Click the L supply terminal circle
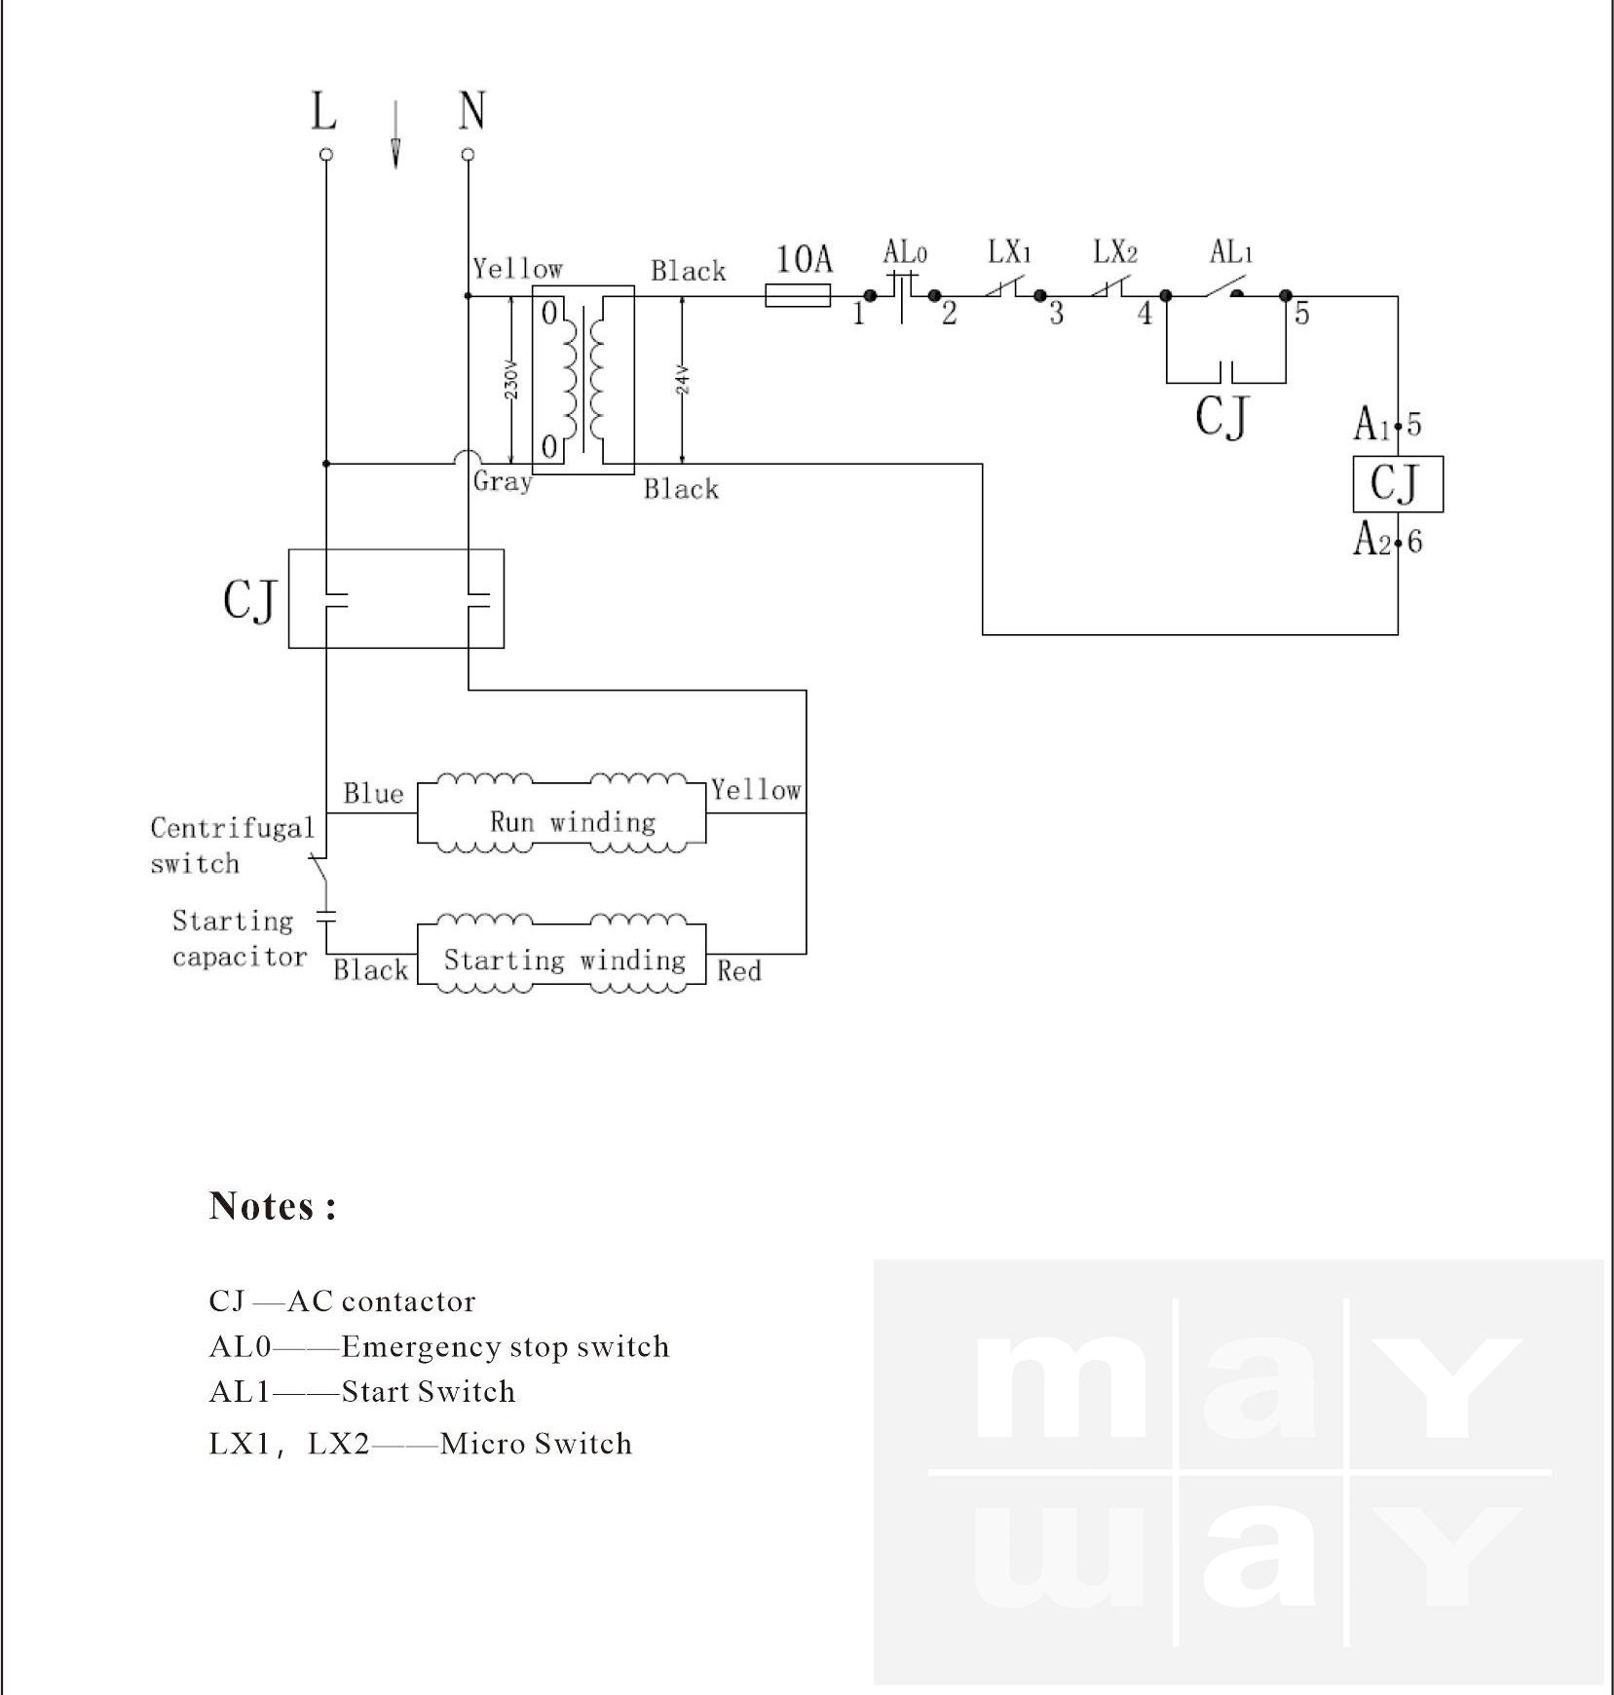(326, 154)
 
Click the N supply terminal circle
(469, 154)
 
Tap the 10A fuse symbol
(798, 295)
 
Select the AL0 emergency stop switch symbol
(903, 294)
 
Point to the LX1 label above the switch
(1009, 253)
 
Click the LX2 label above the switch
(1115, 253)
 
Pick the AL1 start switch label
(1231, 253)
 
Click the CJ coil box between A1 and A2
(1398, 484)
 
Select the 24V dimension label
(684, 379)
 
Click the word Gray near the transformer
(503, 481)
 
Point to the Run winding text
(573, 822)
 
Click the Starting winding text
(565, 960)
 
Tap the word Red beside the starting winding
(739, 971)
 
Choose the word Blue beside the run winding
(373, 794)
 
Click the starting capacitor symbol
(326, 917)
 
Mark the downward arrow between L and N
(395, 136)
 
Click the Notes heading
(273, 1206)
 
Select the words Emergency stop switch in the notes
(506, 1346)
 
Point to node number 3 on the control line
(1056, 314)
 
